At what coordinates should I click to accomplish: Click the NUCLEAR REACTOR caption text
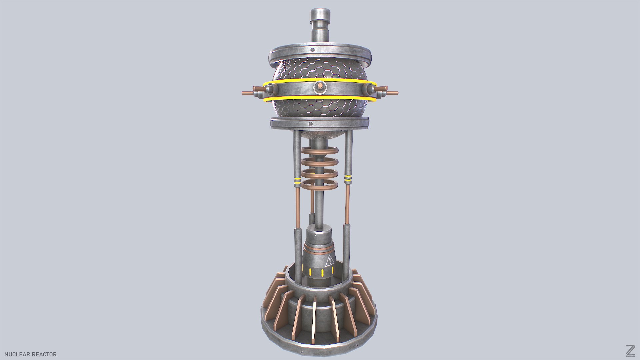30,354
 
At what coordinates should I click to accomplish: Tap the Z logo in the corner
630,351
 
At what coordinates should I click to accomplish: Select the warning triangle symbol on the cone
330,261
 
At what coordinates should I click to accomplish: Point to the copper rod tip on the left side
245,93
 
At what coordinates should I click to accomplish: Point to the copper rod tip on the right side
395,93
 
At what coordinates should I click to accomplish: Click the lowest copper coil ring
320,184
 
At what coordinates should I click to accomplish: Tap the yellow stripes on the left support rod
297,182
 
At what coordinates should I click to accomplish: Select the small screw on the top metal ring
312,50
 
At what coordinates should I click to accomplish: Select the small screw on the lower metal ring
310,124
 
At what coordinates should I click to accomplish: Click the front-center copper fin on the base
314,320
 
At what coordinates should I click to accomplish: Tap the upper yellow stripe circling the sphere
320,80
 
